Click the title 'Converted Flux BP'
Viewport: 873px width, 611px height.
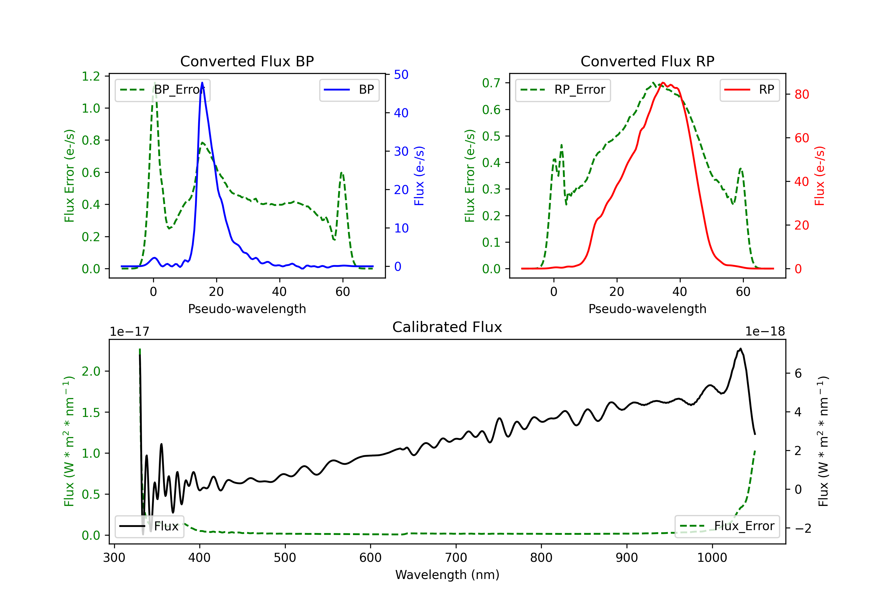click(247, 61)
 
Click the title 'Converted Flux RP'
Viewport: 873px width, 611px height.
click(647, 61)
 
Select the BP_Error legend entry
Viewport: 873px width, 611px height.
click(163, 90)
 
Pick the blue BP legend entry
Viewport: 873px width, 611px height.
click(349, 90)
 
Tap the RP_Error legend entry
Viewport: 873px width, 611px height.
click(563, 90)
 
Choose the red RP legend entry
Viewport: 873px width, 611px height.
click(749, 90)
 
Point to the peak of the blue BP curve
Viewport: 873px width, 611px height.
click(202, 83)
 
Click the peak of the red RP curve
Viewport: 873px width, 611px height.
click(663, 83)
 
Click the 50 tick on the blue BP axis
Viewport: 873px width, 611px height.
click(401, 74)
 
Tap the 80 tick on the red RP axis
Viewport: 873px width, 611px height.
click(801, 94)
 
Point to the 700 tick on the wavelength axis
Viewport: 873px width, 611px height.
click(456, 557)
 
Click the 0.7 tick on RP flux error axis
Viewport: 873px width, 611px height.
click(491, 83)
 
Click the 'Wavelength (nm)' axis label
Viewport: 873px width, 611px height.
click(447, 575)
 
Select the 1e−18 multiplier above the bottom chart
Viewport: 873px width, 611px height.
click(765, 332)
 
